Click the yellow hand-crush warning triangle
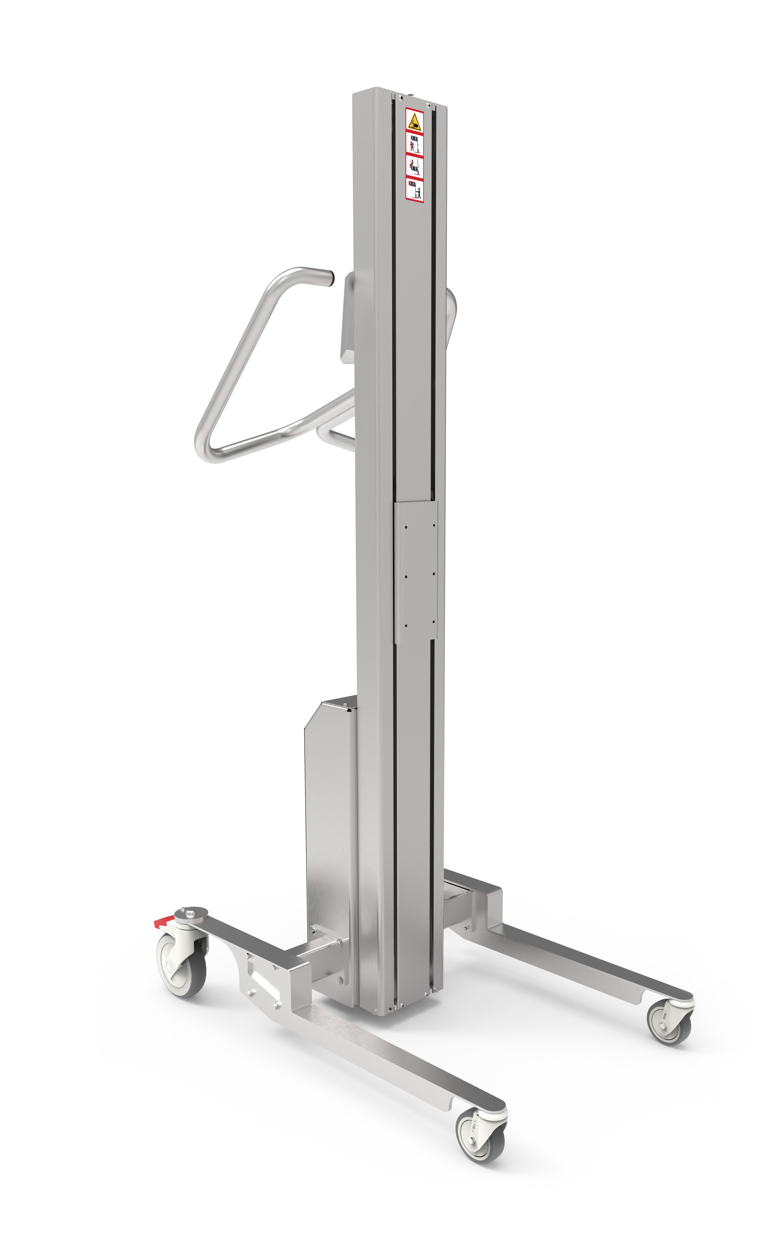click(414, 122)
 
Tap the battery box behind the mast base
click(330, 824)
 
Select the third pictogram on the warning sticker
click(414, 166)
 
